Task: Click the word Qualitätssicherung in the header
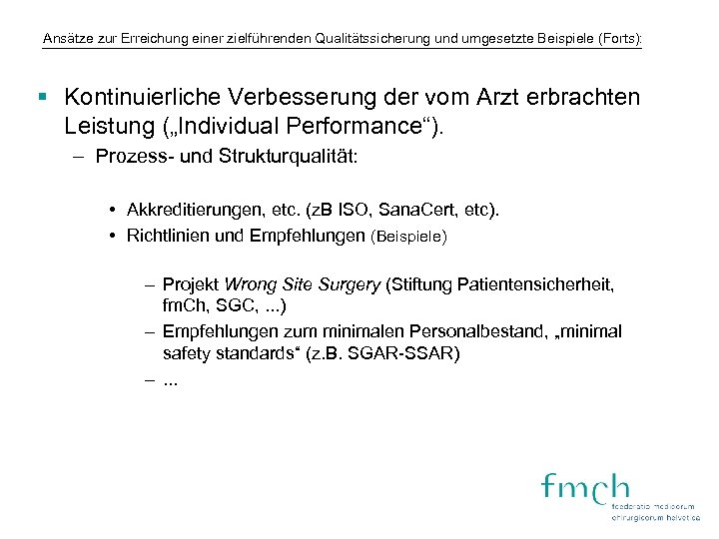point(359,40)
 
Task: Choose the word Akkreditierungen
point(197,212)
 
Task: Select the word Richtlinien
point(167,237)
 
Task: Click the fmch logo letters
point(585,488)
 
